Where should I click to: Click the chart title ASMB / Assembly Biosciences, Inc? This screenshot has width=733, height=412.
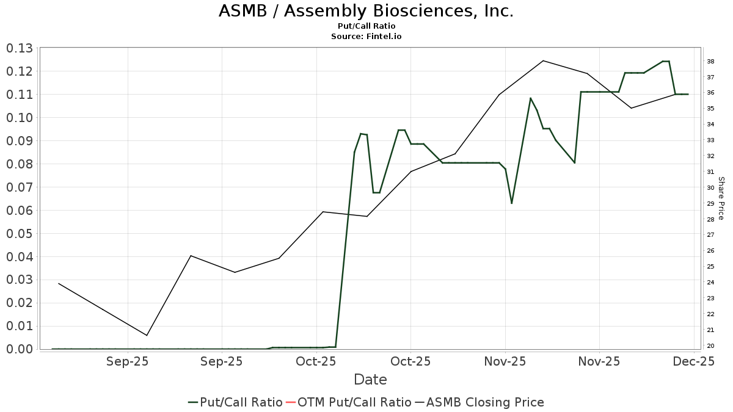pos(366,11)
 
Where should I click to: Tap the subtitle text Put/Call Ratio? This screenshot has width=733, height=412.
pos(366,26)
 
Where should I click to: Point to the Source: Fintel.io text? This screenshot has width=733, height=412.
pos(366,37)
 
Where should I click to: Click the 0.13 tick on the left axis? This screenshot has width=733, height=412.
pos(20,48)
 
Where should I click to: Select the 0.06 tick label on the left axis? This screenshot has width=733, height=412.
pos(20,211)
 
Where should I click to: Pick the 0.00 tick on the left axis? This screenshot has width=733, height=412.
pos(20,349)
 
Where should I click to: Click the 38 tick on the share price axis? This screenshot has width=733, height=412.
pos(711,62)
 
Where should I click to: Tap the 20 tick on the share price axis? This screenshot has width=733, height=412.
pos(711,346)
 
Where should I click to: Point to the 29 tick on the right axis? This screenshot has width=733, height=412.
pos(711,204)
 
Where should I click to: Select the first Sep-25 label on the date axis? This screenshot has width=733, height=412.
pos(128,361)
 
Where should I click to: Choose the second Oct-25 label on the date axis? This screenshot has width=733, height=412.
pos(410,361)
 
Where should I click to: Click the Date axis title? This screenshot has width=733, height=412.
pos(370,380)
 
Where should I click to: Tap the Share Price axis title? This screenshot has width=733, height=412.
pos(721,198)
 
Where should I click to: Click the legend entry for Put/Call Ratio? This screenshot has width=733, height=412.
pos(235,402)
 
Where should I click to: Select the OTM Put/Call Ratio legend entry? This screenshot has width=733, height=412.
pos(348,402)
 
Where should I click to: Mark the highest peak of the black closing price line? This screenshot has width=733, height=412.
pos(543,60)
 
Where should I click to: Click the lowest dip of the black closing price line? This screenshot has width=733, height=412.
pos(147,335)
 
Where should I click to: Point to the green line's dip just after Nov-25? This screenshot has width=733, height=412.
pos(511,203)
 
